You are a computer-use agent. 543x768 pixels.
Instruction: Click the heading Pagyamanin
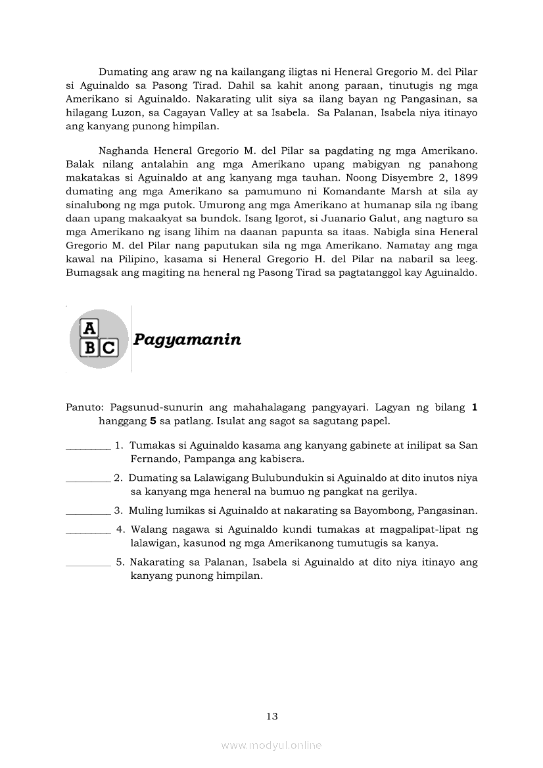point(187,340)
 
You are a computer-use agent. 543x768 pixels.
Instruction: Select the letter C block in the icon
point(108,348)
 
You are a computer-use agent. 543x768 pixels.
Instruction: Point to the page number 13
point(272,716)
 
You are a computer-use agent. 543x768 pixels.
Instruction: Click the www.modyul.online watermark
point(271,745)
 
